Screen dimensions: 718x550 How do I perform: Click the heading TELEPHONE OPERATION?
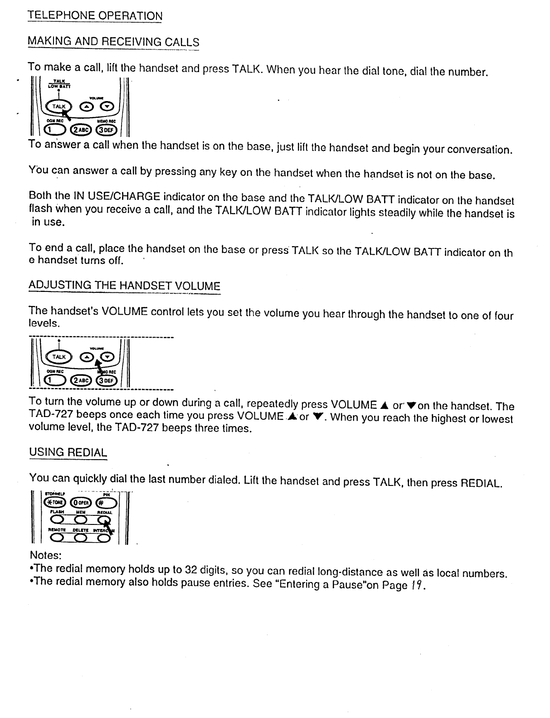pyautogui.click(x=95, y=15)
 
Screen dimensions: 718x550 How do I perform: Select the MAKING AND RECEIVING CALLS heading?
pyautogui.click(x=113, y=42)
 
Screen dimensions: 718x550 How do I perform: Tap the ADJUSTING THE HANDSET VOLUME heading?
pyautogui.click(x=124, y=286)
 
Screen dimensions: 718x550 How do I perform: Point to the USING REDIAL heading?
pyautogui.click(x=68, y=452)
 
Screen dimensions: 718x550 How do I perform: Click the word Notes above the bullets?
pyautogui.click(x=45, y=555)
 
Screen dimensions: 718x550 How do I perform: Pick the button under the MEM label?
pyautogui.click(x=81, y=519)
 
